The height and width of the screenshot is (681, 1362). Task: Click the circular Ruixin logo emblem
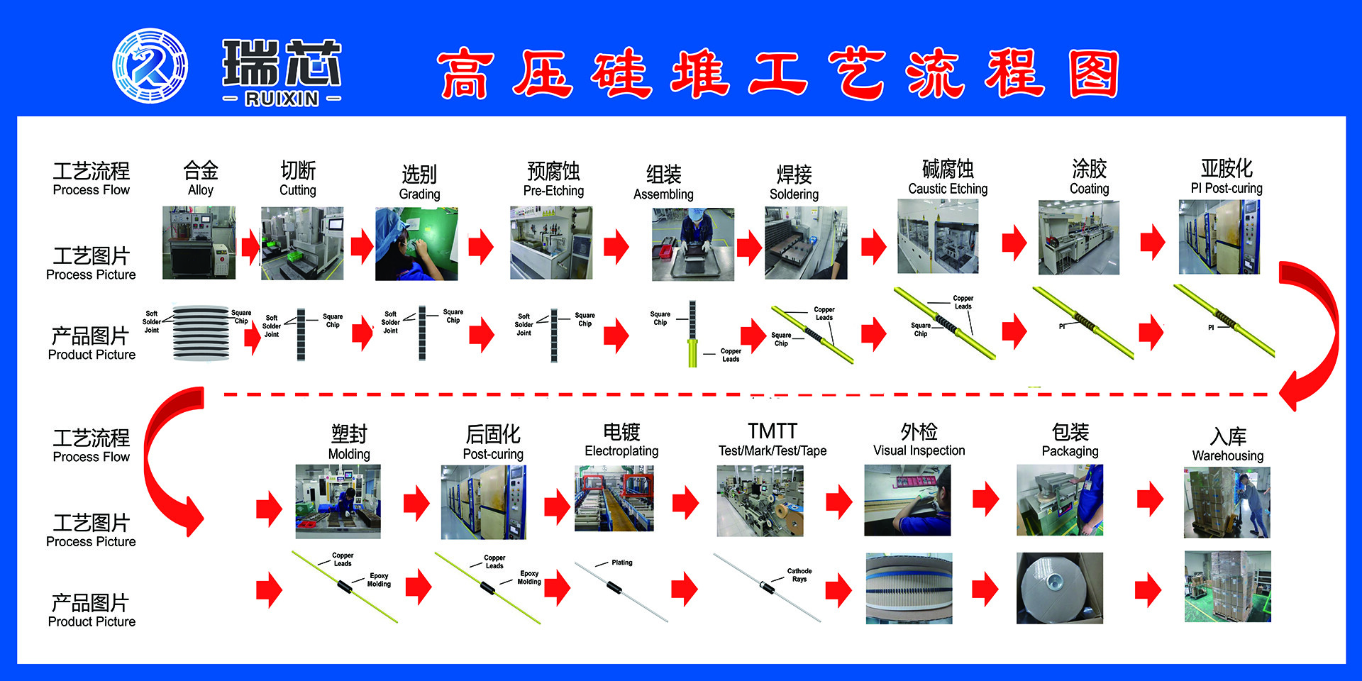[150, 65]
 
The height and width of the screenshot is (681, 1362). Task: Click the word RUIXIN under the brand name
[282, 99]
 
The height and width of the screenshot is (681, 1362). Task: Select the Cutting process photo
[302, 243]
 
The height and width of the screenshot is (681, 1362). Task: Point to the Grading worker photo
[416, 243]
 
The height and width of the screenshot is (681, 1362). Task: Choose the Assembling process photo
[693, 244]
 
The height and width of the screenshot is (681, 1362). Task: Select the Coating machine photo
[1079, 238]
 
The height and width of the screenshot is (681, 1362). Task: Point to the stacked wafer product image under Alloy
[201, 333]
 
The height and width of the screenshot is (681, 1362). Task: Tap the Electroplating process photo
[614, 498]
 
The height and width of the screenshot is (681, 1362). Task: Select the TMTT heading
[773, 431]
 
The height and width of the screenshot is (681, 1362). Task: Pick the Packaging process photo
[1060, 500]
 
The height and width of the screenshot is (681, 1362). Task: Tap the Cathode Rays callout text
[799, 575]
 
